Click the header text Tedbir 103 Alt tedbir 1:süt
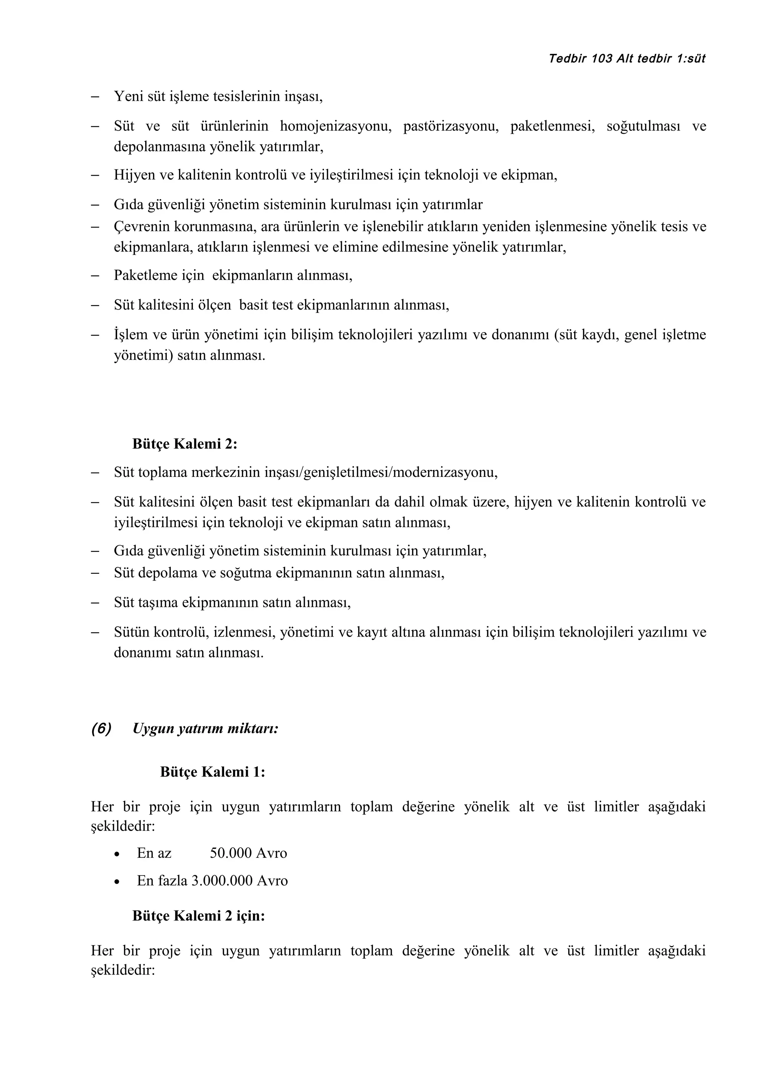[x=627, y=59]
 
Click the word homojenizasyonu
[x=335, y=126]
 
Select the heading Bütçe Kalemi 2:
[x=185, y=444]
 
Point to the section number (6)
[x=101, y=728]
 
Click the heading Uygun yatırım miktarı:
[x=205, y=728]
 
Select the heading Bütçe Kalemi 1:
[x=213, y=772]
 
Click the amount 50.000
[x=231, y=853]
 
